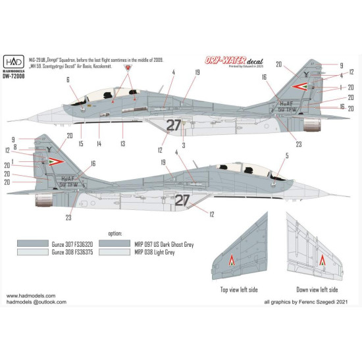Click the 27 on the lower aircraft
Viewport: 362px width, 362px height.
point(182,199)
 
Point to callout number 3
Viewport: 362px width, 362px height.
point(183,145)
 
